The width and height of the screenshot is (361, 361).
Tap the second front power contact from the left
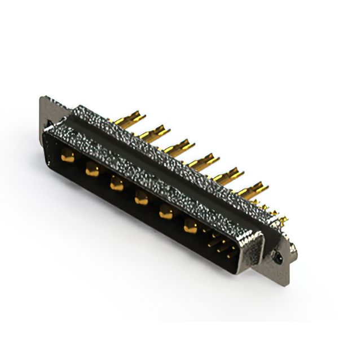tap(92, 168)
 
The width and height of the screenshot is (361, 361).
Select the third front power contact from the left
tap(116, 182)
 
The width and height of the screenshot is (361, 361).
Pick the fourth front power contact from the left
tap(141, 197)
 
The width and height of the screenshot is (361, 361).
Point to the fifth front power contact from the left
tap(166, 212)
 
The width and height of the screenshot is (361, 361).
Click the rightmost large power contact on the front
tap(191, 226)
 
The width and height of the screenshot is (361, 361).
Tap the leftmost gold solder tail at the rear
tap(130, 120)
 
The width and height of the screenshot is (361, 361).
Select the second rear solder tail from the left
tap(155, 133)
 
